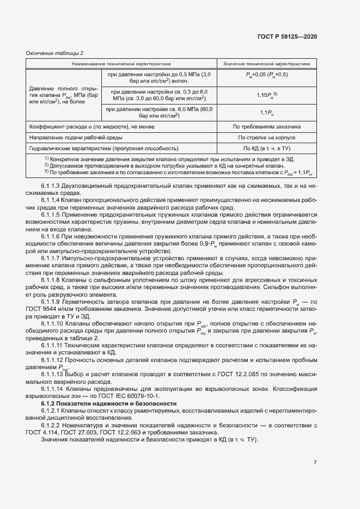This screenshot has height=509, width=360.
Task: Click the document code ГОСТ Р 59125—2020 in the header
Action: [x=288, y=36]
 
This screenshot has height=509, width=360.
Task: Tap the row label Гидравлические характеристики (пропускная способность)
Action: [x=104, y=148]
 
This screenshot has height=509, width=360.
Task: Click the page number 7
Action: [x=315, y=463]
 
